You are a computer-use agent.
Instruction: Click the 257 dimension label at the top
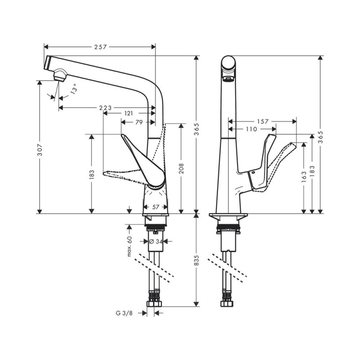pos(100,47)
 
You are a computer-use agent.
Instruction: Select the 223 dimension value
pos(105,108)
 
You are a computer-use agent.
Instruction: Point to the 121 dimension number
pos(129,113)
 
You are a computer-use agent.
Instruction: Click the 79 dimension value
pos(139,122)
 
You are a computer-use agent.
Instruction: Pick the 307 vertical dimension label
pos(40,150)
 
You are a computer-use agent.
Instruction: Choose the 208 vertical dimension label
pos(181,168)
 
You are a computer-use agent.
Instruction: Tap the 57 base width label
pos(156,207)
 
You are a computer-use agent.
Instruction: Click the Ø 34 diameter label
pos(156,241)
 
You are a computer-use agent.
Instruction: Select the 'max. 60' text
pos(130,246)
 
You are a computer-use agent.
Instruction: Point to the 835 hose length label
pos(197,261)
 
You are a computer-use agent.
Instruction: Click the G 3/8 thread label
pos(124,313)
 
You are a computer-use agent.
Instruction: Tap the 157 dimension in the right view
pos(263,121)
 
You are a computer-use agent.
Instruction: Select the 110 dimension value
pos(251,129)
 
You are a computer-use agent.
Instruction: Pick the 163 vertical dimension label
pos(304,176)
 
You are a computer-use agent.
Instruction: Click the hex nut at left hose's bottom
pos(153,304)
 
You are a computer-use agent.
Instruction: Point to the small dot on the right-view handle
pos(253,172)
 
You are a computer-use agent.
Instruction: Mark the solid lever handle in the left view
pos(142,161)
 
